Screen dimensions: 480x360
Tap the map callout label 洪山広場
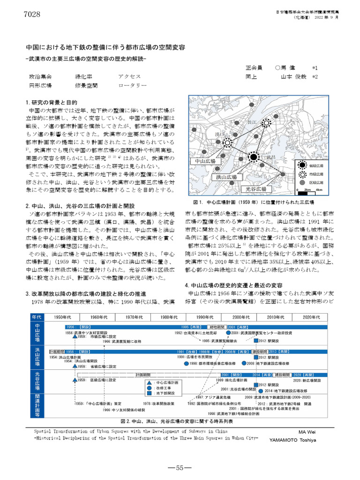coord(226,177)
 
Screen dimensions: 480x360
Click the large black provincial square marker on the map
coord(254,156)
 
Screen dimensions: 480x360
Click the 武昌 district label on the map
coord(270,157)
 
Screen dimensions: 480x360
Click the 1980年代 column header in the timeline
coord(169,317)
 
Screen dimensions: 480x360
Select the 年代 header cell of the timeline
coord(37,317)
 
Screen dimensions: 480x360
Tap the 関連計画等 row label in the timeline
coord(37,396)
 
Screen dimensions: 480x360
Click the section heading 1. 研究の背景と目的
coord(51,102)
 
